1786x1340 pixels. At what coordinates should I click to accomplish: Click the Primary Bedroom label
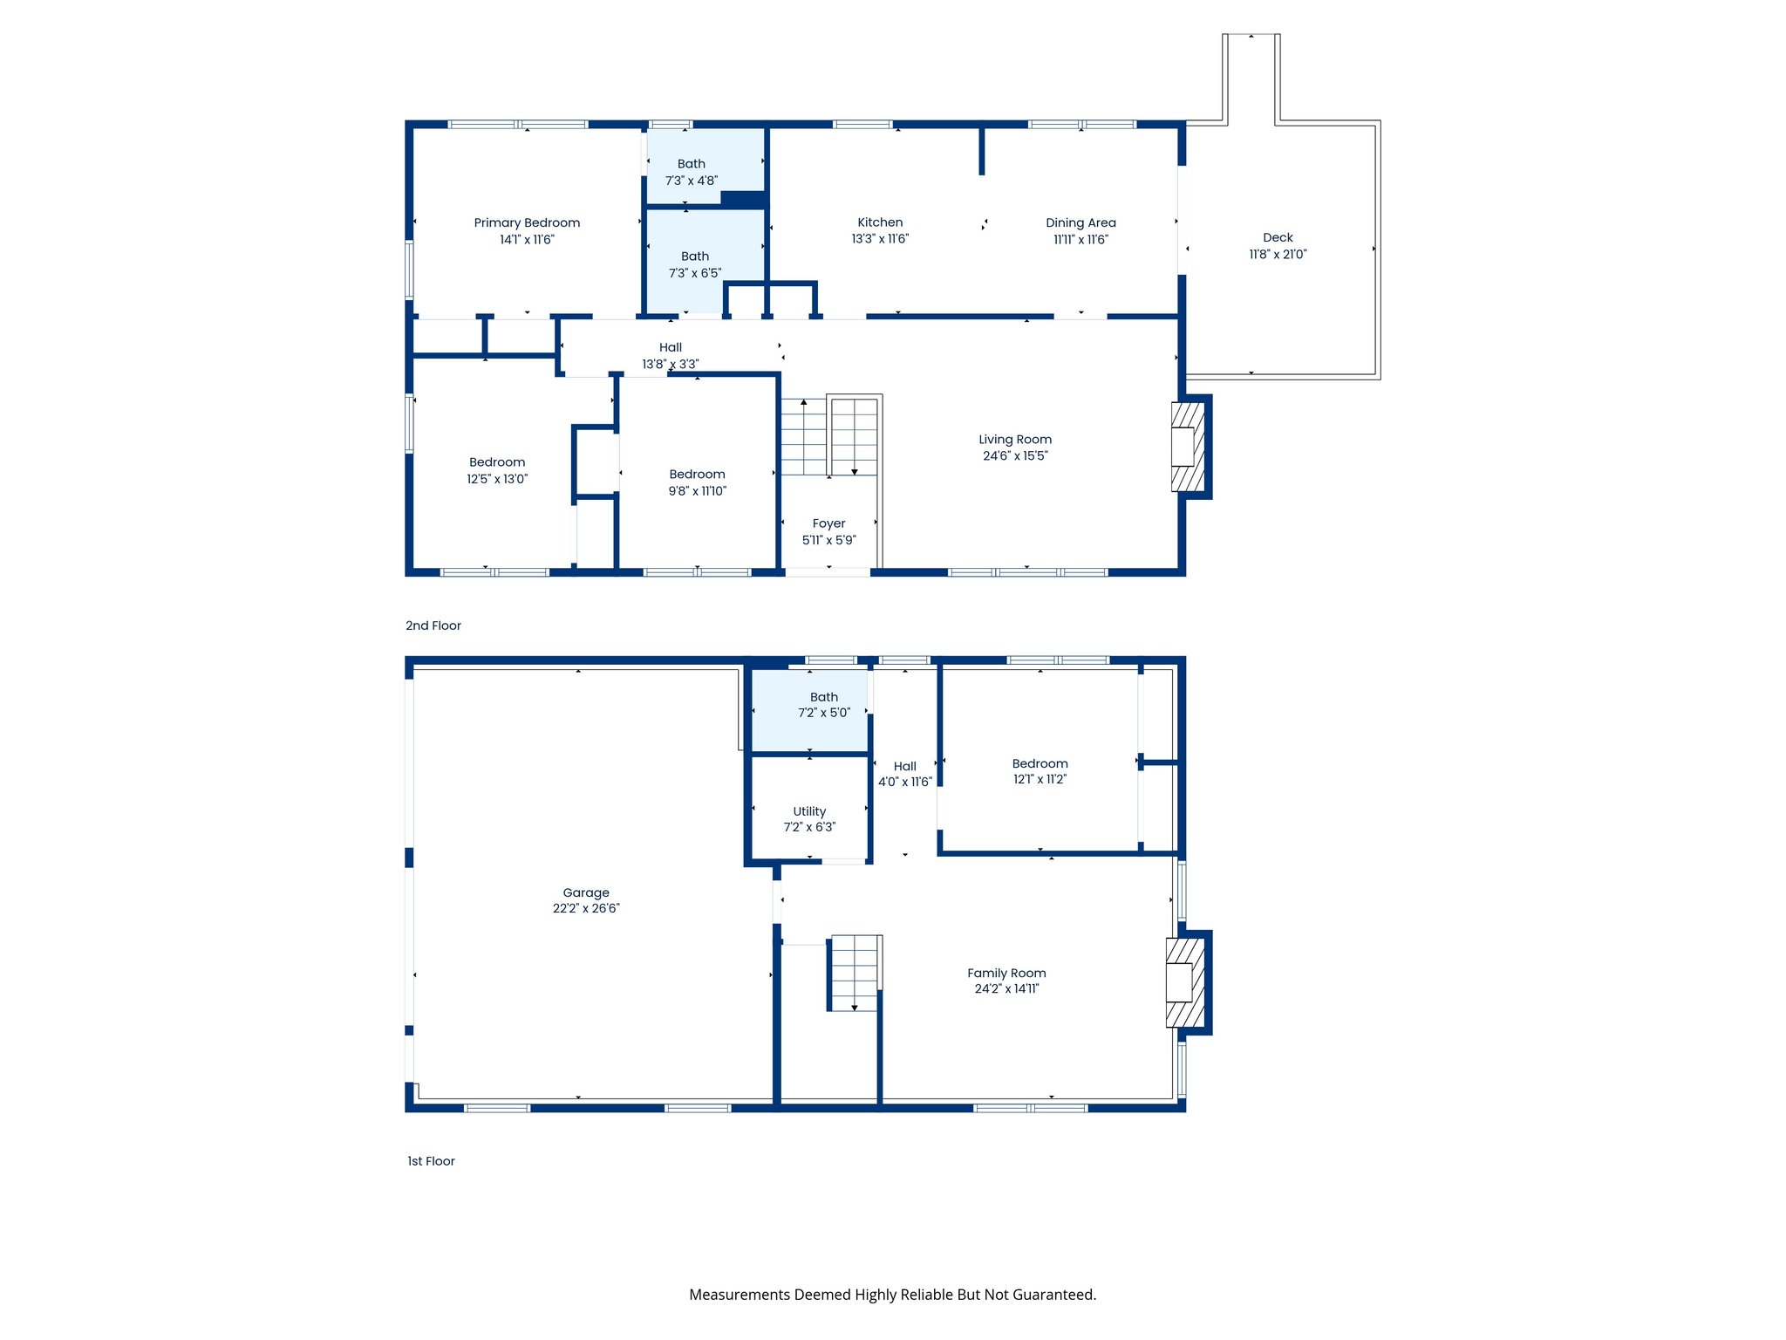coord(527,222)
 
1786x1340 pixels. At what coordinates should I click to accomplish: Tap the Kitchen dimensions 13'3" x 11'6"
coord(880,239)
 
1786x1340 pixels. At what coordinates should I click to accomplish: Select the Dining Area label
coord(1080,222)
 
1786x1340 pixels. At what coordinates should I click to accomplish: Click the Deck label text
coord(1278,237)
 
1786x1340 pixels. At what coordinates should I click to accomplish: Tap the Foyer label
coord(828,523)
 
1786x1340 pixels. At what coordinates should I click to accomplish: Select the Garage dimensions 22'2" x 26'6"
coord(586,909)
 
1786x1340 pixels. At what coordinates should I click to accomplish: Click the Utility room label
coord(809,811)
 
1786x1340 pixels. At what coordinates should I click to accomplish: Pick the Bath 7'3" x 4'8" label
coord(692,164)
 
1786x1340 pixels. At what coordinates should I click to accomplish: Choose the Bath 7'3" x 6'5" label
coord(695,256)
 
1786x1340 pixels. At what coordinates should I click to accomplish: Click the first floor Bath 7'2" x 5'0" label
coord(824,697)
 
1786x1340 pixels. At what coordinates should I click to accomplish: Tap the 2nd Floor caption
coord(433,626)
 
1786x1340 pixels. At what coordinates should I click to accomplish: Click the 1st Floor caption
coord(432,1161)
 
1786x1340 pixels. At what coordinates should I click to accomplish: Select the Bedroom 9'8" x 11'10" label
coord(697,475)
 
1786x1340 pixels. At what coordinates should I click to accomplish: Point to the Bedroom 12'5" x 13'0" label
coord(497,462)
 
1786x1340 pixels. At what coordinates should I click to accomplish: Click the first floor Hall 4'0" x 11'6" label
coord(905,767)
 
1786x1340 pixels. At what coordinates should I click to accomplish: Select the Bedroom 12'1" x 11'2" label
coord(1040,763)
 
